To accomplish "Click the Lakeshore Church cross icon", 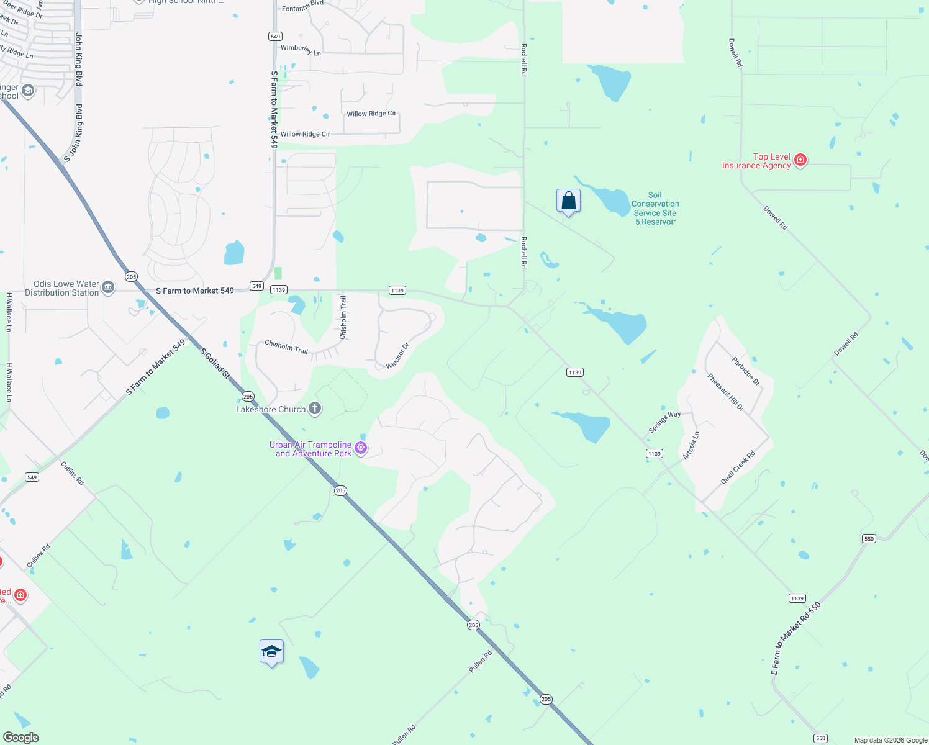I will click(x=315, y=409).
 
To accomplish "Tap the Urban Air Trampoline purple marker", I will click(x=361, y=448).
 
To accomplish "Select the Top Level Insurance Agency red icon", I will click(x=800, y=160).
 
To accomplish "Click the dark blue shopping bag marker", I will click(x=568, y=201).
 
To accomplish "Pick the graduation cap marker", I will click(x=271, y=652).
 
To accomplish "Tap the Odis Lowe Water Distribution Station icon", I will click(x=108, y=287).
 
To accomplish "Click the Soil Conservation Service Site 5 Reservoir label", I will click(x=655, y=209).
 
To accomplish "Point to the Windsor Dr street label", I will click(x=397, y=356).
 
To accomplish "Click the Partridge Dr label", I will click(x=746, y=371).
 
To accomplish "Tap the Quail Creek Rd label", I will click(x=738, y=467).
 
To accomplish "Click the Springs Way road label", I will click(x=664, y=422).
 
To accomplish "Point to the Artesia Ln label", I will click(x=691, y=445).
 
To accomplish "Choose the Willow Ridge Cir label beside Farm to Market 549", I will click(x=305, y=134).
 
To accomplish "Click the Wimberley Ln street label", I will click(x=301, y=50).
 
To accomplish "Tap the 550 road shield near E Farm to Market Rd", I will click(x=869, y=538).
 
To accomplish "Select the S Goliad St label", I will click(x=215, y=363).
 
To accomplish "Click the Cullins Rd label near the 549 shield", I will click(x=72, y=473).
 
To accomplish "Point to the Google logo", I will click(x=21, y=738).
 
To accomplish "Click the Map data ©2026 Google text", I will click(x=890, y=740).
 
